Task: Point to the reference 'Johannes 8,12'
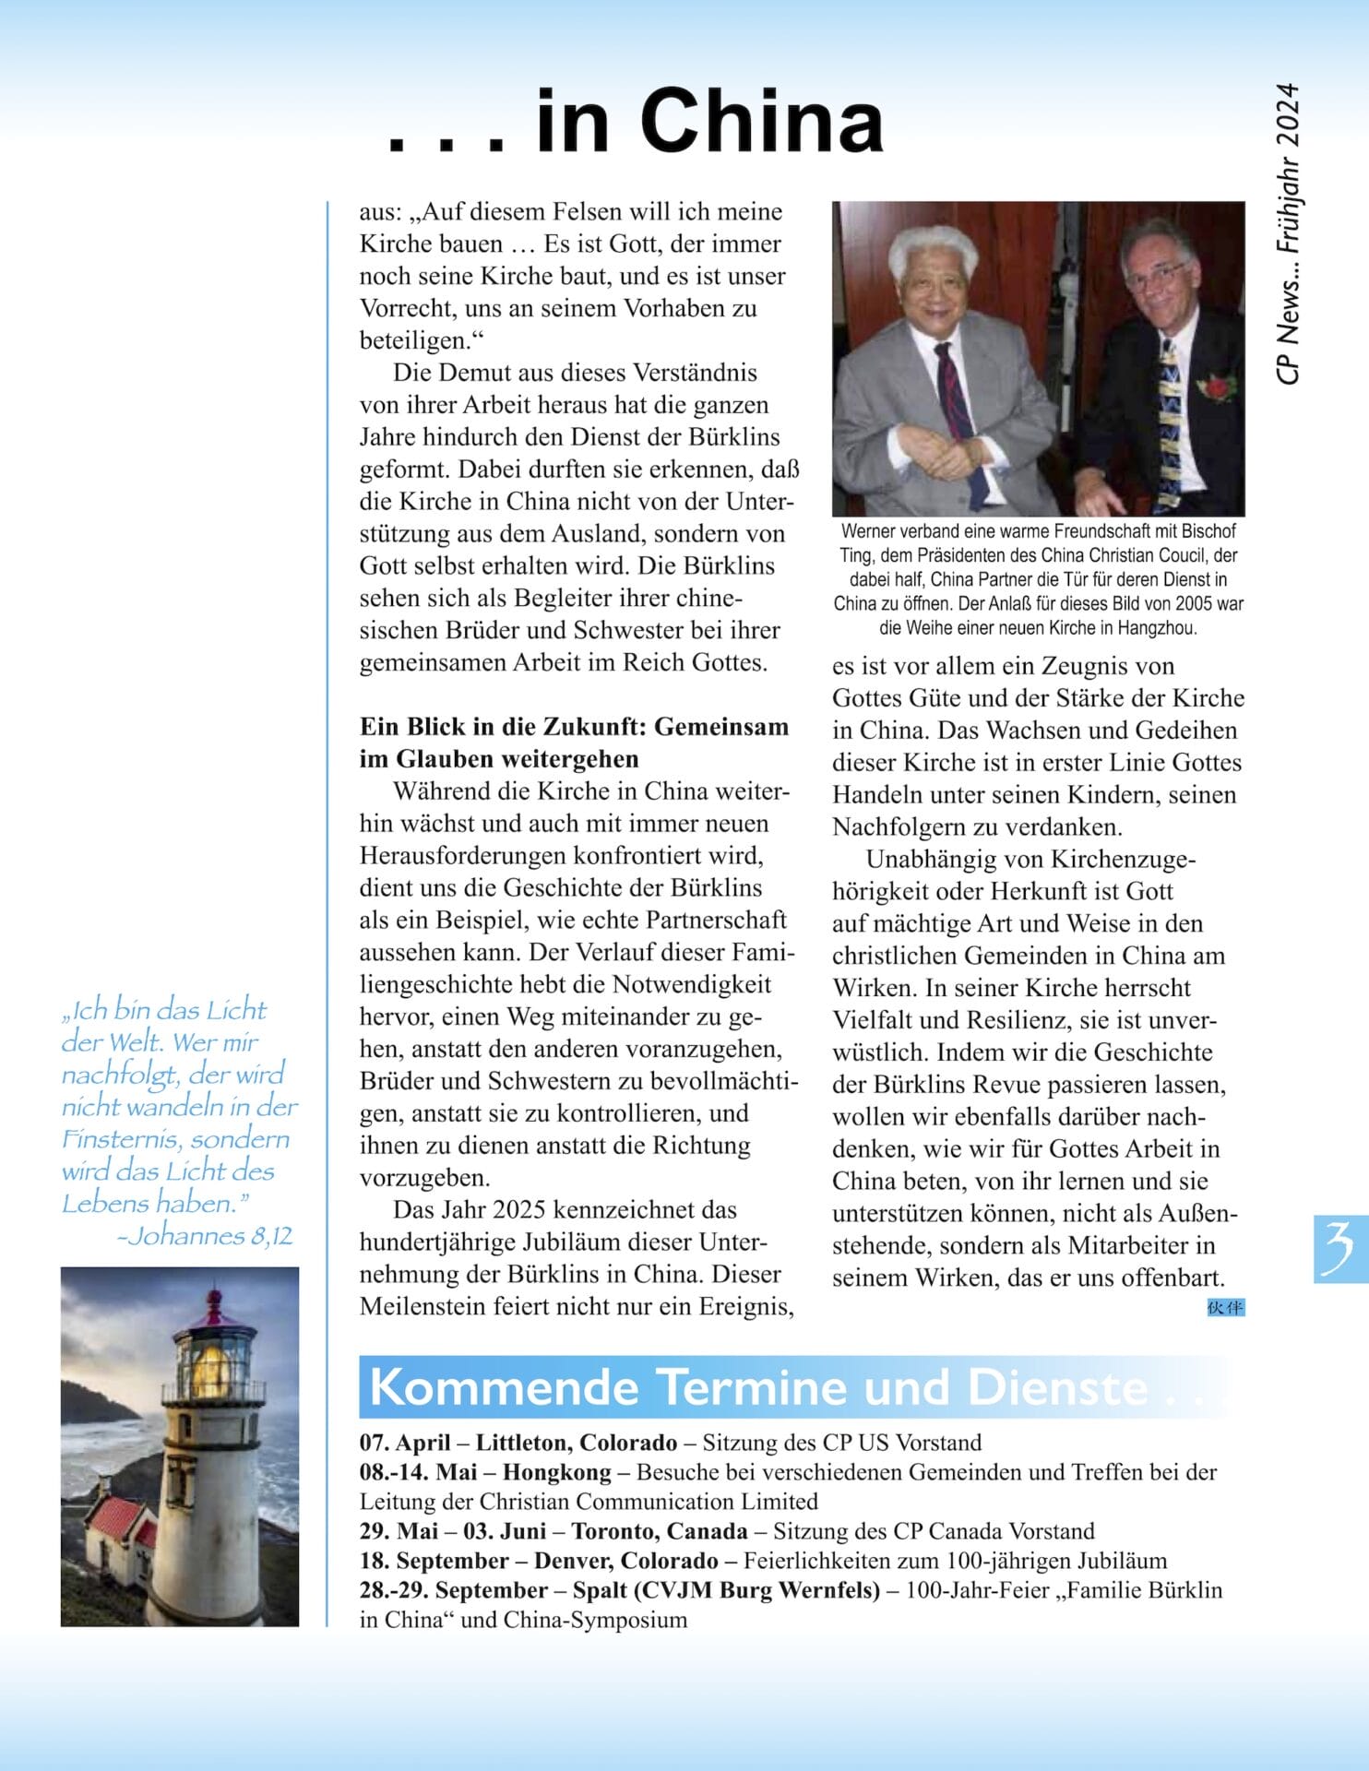[x=205, y=1236]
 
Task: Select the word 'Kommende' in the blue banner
[x=504, y=1387]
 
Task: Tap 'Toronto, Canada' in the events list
[x=659, y=1531]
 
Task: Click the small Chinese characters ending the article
[x=1225, y=1307]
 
